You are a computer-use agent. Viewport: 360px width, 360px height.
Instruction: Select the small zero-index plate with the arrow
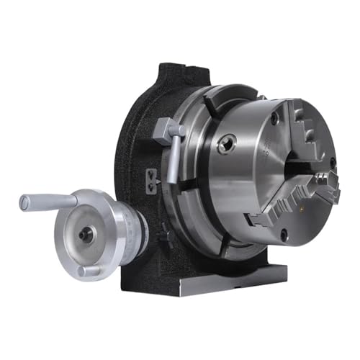coord(151,176)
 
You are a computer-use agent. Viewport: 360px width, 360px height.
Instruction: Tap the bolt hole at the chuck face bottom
coord(284,235)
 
